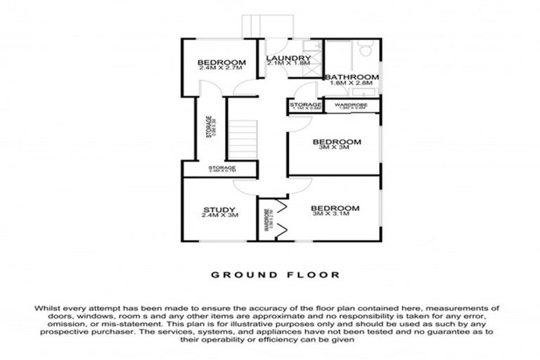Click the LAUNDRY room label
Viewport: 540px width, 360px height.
288,58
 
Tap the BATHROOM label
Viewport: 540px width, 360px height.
351,77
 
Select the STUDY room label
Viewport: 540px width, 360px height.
219,209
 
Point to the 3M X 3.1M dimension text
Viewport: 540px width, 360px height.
335,216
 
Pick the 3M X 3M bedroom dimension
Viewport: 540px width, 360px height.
335,149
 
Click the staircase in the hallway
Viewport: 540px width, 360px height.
243,138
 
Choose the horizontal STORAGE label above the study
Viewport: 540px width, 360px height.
221,168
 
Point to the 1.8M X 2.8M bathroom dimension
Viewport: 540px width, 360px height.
351,84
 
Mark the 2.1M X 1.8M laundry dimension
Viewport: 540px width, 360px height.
288,64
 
